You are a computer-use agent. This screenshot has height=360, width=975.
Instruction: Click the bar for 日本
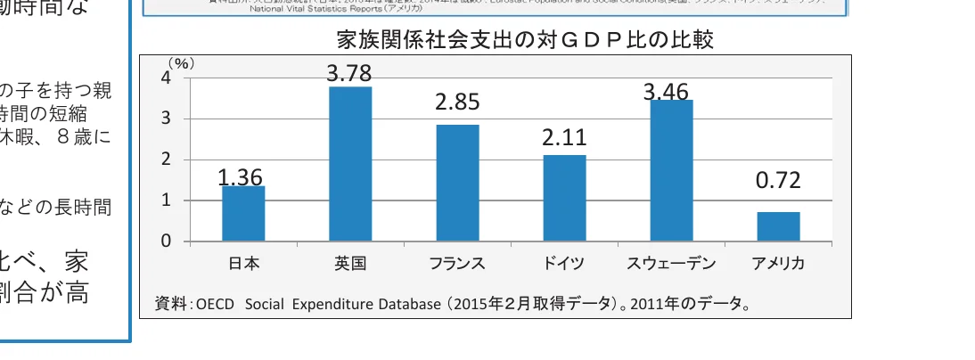243,214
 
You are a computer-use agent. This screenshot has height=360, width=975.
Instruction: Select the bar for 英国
350,164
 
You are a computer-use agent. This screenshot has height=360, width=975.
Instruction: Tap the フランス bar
457,183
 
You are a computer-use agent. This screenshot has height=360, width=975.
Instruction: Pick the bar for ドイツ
564,198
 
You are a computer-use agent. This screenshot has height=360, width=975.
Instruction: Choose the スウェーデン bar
671,170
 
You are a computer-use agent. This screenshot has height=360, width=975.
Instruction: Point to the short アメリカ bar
778,226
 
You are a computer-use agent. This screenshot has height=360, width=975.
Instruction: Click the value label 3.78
349,74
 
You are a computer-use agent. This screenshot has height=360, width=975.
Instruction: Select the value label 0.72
778,182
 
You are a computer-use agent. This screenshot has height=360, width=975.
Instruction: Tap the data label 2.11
564,138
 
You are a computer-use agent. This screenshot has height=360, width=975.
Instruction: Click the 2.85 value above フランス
457,102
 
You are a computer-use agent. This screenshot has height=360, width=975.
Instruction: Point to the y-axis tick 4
166,78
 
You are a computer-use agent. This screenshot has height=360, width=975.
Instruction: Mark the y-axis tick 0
166,241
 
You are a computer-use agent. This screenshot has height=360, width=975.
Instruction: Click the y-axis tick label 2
166,160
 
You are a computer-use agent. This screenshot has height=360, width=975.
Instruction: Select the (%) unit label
181,64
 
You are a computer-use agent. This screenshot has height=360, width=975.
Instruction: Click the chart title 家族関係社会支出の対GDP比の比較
526,40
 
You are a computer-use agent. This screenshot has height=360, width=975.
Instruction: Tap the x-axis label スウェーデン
670,264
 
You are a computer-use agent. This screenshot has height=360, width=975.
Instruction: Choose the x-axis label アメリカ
778,264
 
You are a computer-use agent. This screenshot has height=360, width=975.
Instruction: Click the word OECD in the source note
215,305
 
